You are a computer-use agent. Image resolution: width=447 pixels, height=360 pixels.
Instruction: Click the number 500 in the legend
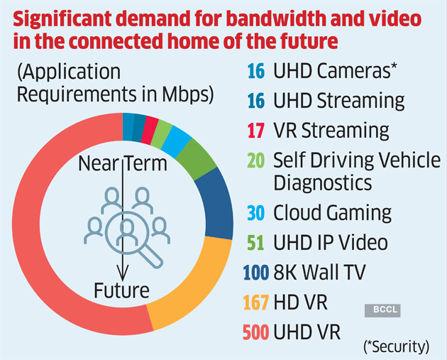point(255,332)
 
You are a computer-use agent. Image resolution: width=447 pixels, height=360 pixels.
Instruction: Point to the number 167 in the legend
point(255,302)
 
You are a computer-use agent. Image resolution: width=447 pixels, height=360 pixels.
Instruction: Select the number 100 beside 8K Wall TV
point(256,273)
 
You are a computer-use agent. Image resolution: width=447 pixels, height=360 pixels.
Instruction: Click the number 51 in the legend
point(255,243)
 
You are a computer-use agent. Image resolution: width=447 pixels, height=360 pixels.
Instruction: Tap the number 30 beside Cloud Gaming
point(255,212)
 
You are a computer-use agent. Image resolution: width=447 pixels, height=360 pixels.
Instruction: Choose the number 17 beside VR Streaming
point(255,131)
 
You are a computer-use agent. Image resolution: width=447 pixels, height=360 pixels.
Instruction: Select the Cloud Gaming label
point(332,212)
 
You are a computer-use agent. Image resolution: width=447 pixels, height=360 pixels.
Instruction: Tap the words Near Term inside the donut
point(123,165)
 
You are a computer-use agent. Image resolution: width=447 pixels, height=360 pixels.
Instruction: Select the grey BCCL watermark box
point(382,310)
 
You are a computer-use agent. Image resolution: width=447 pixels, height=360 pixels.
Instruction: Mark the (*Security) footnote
point(397,347)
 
